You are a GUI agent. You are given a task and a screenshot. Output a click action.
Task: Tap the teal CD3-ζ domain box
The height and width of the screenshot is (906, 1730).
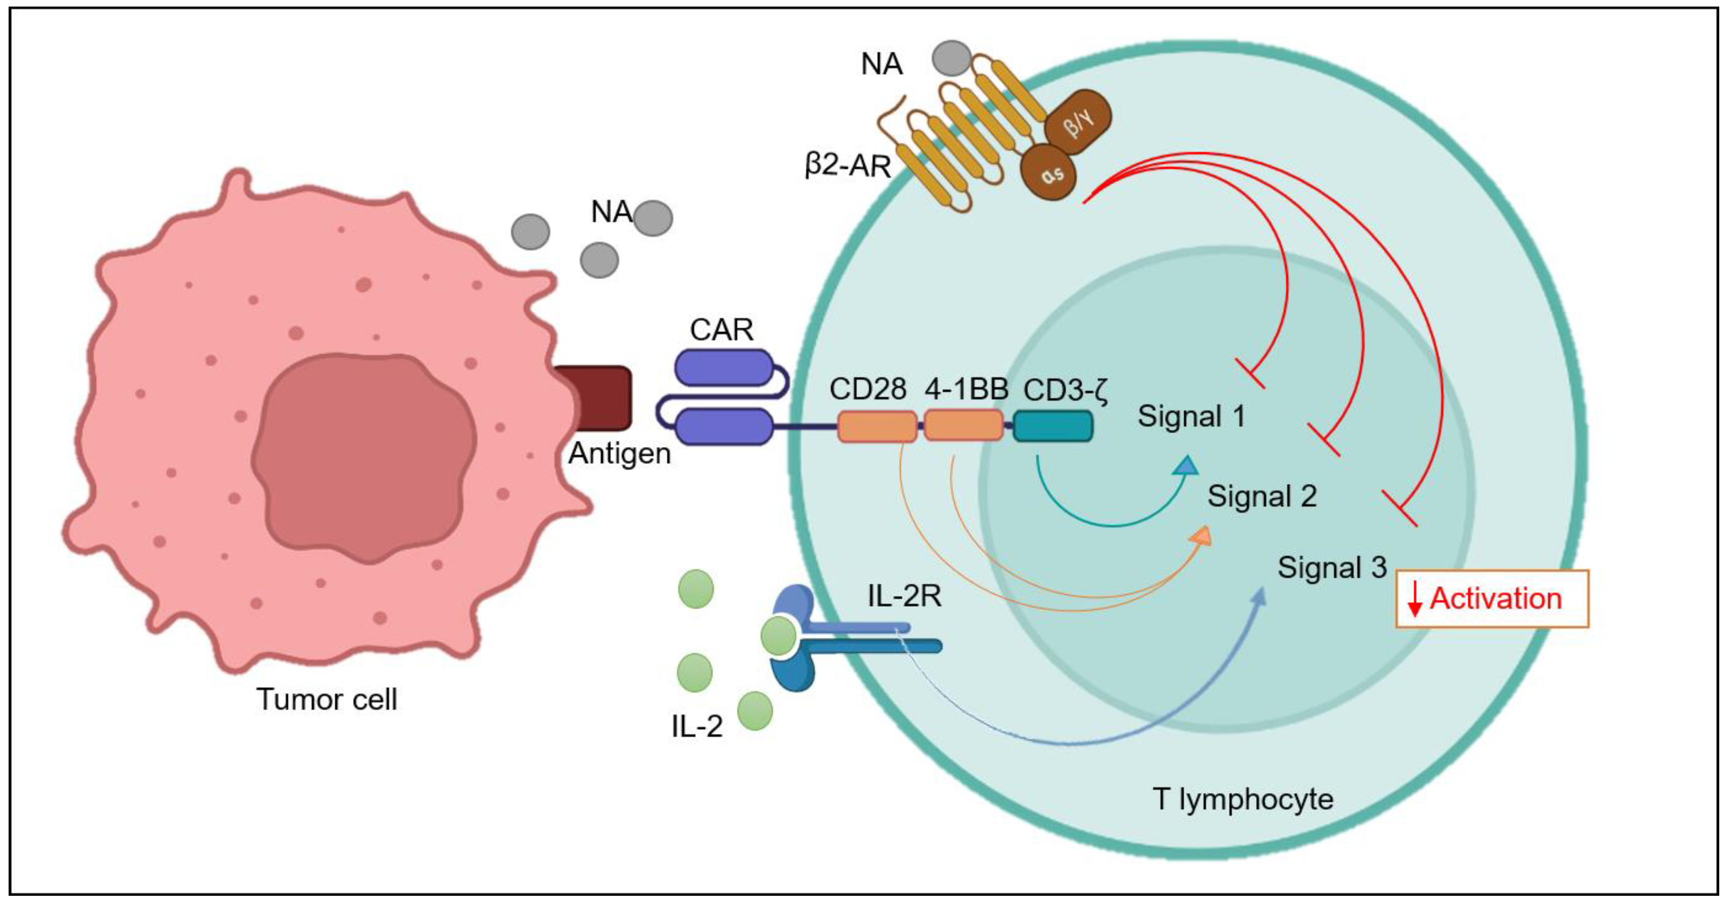(x=1053, y=427)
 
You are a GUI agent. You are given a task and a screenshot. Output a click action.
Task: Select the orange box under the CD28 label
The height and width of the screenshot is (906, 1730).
(x=877, y=427)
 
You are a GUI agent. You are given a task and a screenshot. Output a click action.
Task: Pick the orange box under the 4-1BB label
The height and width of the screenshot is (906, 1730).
(x=964, y=426)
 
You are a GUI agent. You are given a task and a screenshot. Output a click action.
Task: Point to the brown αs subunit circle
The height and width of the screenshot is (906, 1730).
(x=1048, y=172)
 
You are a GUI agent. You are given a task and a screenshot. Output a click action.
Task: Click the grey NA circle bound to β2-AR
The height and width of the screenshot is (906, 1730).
(x=951, y=57)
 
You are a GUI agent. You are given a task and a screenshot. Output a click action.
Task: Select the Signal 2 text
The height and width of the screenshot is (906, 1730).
(x=1262, y=497)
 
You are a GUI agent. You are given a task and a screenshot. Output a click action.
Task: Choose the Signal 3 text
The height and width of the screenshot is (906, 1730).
(x=1332, y=567)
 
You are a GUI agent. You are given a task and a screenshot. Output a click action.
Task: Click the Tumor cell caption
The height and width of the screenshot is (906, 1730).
(x=327, y=699)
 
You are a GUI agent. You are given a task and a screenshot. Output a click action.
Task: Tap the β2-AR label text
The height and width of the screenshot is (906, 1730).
(x=848, y=165)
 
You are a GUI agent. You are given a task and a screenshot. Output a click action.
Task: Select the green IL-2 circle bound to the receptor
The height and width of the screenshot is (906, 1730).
(x=778, y=636)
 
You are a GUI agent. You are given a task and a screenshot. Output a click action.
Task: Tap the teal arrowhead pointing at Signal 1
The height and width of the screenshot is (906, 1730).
(x=1187, y=465)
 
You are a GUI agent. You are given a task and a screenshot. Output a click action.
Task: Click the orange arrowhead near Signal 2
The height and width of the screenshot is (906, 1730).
(x=1201, y=535)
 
